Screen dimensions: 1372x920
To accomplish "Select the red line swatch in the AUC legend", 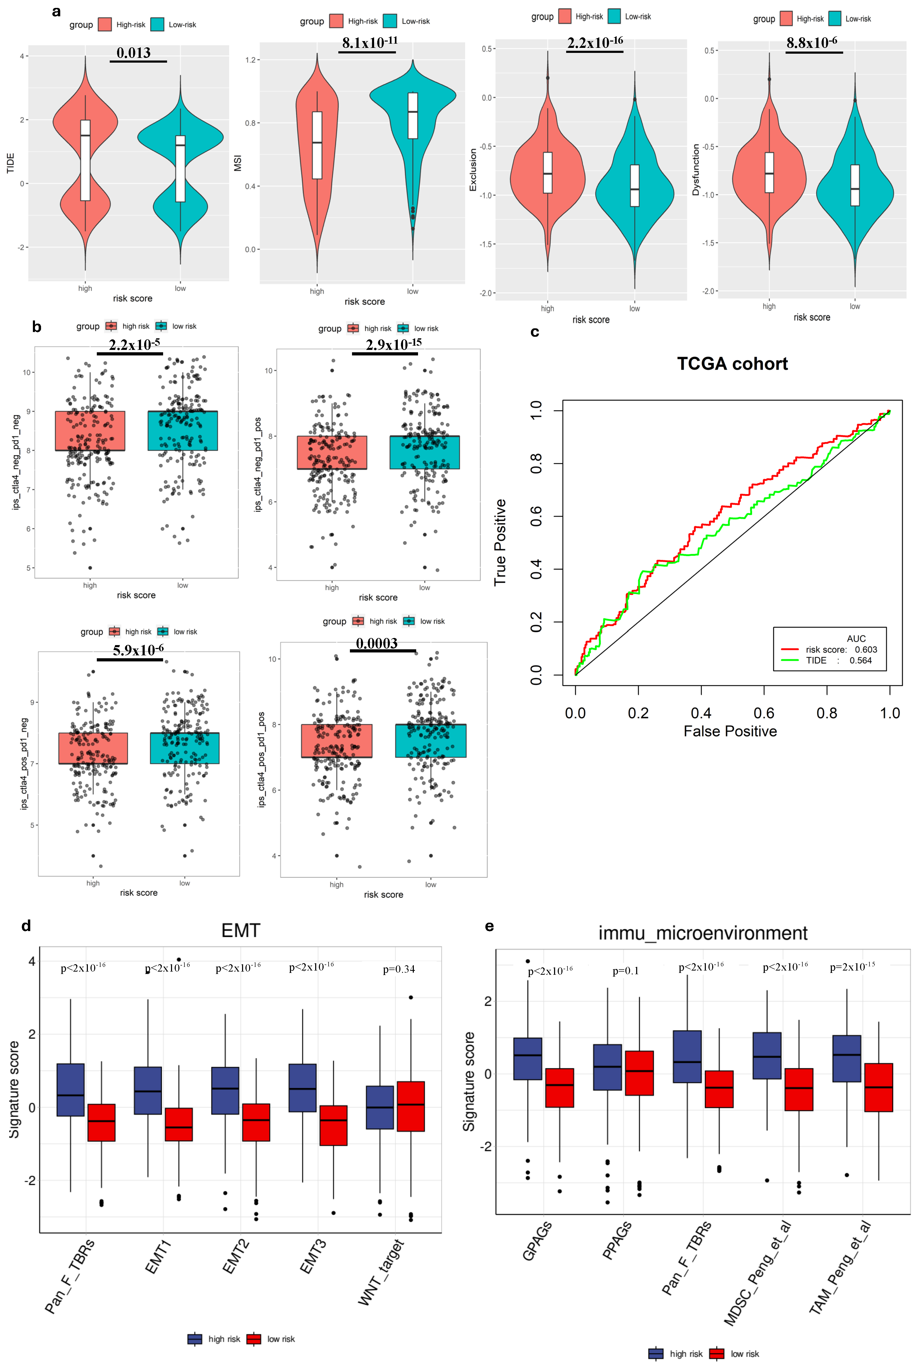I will pos(790,649).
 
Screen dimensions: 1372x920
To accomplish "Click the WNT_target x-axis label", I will pos(381,1272).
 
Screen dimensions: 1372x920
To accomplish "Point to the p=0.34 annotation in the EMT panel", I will pos(399,969).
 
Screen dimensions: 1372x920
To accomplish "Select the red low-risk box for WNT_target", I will pos(411,1106).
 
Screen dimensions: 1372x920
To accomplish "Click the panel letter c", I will pos(535,332).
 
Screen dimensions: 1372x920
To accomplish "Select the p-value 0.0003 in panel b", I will pos(377,644).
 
